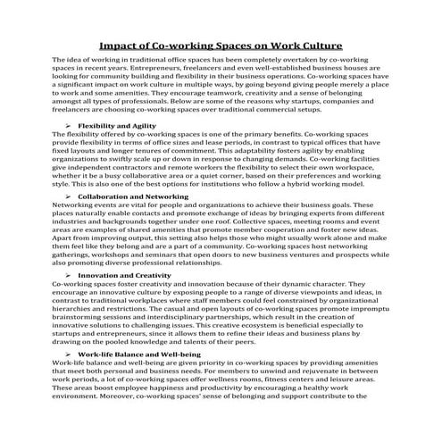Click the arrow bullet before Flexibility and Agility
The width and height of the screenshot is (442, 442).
pyautogui.click(x=67, y=126)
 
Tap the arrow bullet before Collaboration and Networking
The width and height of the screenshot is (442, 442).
pyautogui.click(x=67, y=195)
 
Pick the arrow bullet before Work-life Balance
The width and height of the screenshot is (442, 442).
pyautogui.click(x=67, y=355)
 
